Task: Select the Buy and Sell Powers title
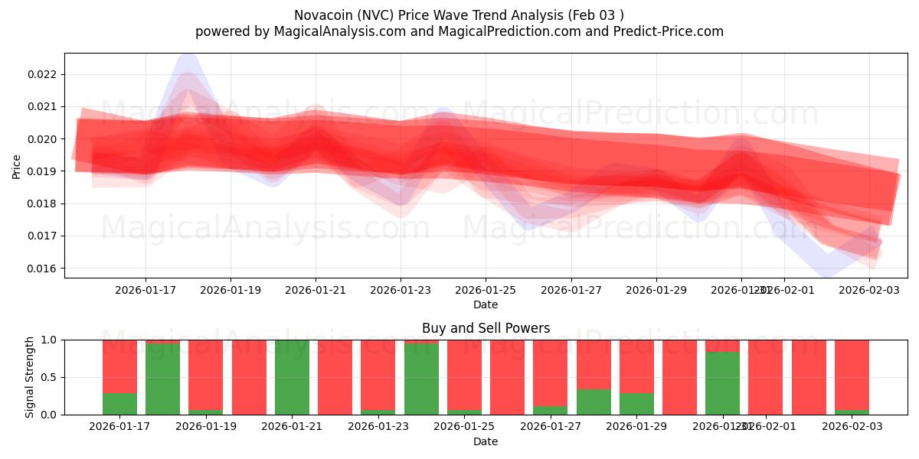(x=486, y=328)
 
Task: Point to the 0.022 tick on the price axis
(x=41, y=74)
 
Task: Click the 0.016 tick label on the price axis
(x=41, y=269)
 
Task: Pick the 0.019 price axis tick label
(x=41, y=171)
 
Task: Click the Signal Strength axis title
(x=30, y=377)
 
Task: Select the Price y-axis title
(x=17, y=166)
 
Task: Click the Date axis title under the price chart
(x=486, y=304)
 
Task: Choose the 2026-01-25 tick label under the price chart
(x=486, y=290)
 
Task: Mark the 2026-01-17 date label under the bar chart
(x=119, y=427)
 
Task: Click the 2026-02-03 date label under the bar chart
(x=852, y=427)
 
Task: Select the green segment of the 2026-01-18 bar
(x=162, y=379)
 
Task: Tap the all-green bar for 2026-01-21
(x=292, y=377)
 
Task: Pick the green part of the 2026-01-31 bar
(x=722, y=383)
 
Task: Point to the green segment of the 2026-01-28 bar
(x=594, y=402)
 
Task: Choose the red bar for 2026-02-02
(x=809, y=377)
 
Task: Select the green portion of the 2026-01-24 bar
(x=421, y=379)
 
